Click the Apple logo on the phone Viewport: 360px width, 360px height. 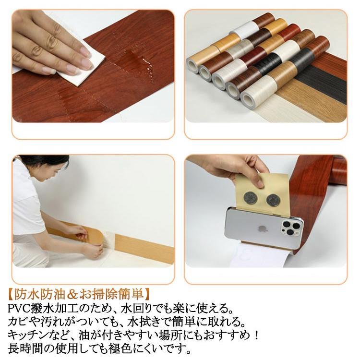point(260,229)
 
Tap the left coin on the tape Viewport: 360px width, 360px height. point(250,199)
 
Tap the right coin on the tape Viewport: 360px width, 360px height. point(273,200)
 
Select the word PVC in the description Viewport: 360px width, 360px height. point(20,309)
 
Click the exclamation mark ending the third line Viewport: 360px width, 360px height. point(256,336)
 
